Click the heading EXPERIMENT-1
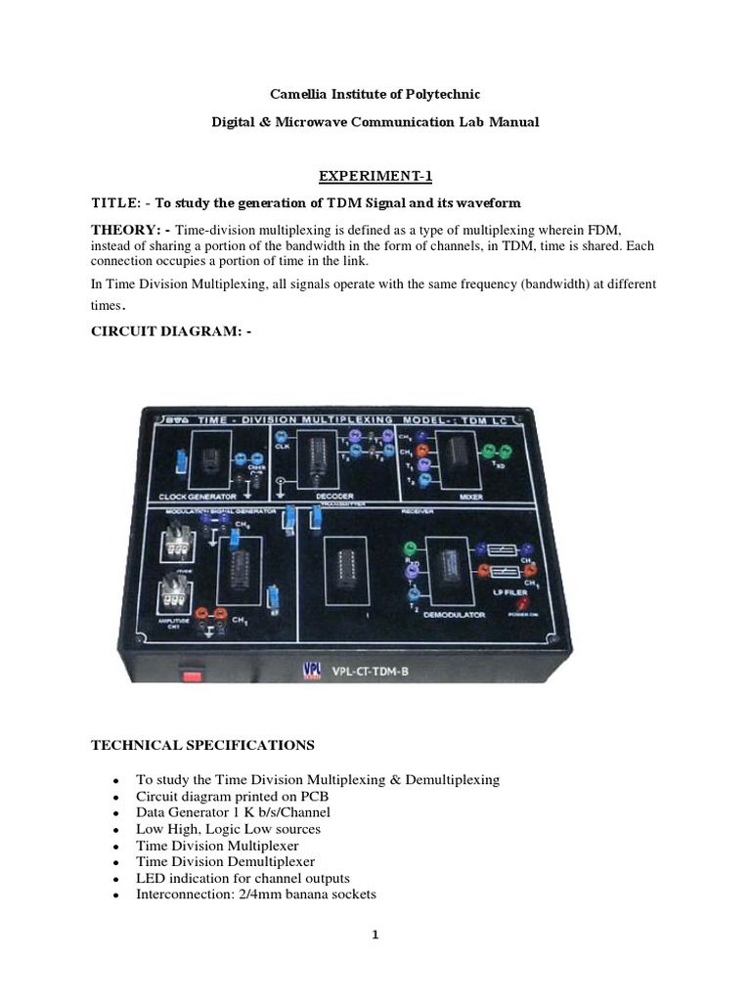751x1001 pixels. (375, 176)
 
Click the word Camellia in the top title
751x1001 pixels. (299, 94)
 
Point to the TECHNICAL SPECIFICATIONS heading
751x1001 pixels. (202, 745)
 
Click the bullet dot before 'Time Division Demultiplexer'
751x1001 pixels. (115, 863)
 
